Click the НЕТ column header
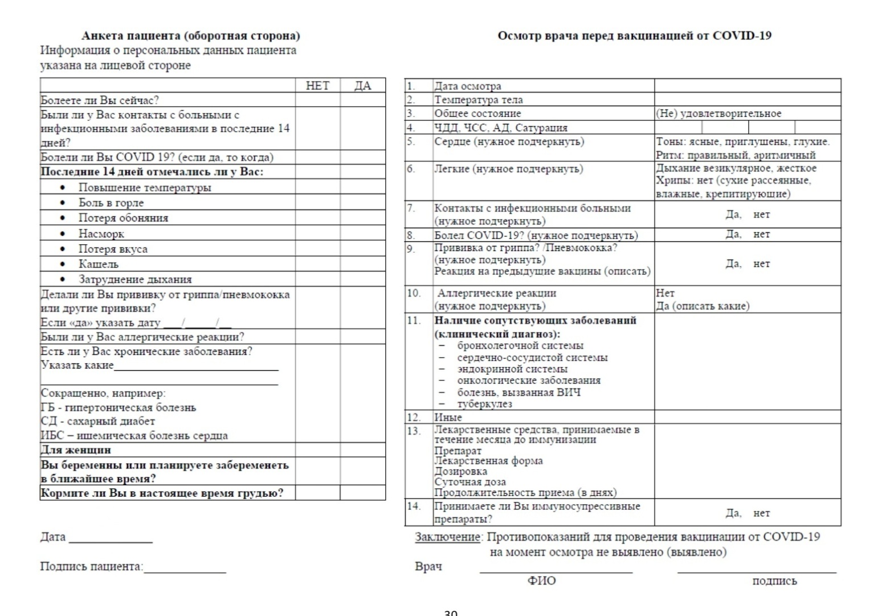coord(317,86)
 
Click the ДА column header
coord(362,86)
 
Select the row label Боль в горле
coord(111,203)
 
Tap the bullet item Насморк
coord(101,234)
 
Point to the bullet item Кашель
coord(99,264)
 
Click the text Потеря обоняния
coord(123,218)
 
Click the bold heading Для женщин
coord(76,450)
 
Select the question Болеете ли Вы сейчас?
coord(100,100)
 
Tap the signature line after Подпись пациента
coord(185,571)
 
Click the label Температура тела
coord(479,100)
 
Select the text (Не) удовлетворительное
coord(718,114)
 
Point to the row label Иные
coord(448,418)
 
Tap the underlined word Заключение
coord(448,537)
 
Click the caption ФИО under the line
coord(541,581)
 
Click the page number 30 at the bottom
coord(450,613)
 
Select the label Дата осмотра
coord(468,86)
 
